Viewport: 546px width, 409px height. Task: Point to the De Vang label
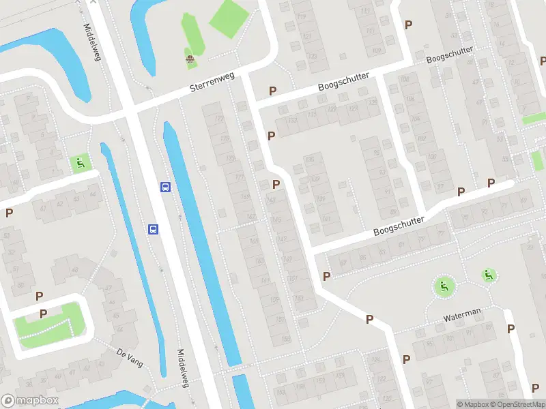pos(129,358)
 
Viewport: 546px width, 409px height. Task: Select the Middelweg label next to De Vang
pos(182,368)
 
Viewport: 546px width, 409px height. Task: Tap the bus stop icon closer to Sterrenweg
pos(164,187)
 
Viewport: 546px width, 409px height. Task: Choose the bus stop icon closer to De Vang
pos(154,229)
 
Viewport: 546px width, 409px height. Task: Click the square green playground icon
pos(80,163)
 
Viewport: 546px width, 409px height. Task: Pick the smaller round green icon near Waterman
pos(488,275)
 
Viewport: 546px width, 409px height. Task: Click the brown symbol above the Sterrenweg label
pos(190,60)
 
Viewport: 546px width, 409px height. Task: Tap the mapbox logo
pos(29,401)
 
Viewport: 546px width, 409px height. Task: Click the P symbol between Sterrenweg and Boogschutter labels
pos(272,91)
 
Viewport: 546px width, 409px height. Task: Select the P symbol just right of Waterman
pos(511,329)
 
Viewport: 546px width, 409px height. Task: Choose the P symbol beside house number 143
pos(276,184)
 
